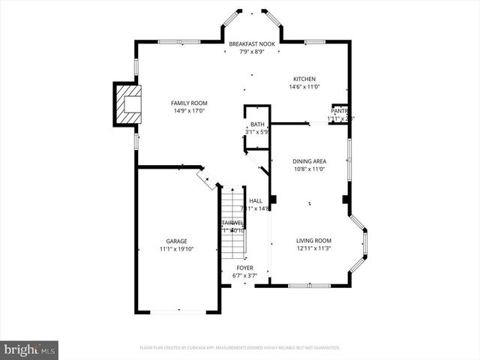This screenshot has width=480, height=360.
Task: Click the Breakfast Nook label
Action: click(x=251, y=44)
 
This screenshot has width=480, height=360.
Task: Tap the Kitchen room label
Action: click(x=304, y=79)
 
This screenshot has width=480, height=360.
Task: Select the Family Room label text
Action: click(x=189, y=103)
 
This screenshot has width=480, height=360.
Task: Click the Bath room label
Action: click(x=257, y=124)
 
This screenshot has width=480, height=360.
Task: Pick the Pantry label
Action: click(x=340, y=111)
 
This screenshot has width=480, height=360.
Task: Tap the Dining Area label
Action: click(x=308, y=161)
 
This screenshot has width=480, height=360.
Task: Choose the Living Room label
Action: click(x=313, y=240)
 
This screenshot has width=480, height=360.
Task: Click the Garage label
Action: click(x=176, y=241)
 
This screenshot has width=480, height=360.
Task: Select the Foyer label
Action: click(x=244, y=268)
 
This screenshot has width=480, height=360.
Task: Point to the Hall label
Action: click(x=256, y=201)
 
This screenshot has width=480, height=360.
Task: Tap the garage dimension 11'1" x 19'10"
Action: click(x=176, y=249)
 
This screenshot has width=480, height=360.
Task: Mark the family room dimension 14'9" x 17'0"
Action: click(x=189, y=111)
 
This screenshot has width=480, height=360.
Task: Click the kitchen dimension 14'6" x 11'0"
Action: click(x=304, y=87)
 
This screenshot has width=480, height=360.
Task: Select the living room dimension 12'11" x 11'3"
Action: click(x=313, y=248)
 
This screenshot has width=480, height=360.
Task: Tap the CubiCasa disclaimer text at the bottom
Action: click(x=240, y=348)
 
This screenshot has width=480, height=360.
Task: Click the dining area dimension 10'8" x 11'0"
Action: click(x=308, y=169)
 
